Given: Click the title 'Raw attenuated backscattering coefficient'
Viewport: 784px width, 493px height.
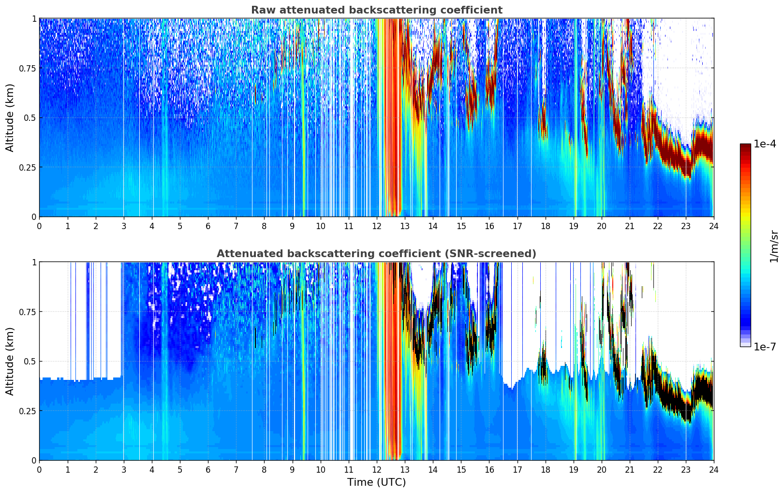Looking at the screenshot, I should [x=376, y=10].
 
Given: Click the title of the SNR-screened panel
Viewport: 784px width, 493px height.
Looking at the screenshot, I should [x=376, y=254].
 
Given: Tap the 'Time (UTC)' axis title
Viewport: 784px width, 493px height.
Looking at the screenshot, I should [x=376, y=482].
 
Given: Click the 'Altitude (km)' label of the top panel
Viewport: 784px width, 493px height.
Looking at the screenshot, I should [x=10, y=117].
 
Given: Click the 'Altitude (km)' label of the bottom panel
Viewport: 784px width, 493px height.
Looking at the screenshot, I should [x=10, y=361].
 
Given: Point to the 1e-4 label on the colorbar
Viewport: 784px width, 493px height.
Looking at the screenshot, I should [x=765, y=144].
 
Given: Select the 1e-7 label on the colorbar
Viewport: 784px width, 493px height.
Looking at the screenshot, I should [x=765, y=347].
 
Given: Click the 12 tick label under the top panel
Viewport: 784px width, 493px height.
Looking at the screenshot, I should [x=377, y=226].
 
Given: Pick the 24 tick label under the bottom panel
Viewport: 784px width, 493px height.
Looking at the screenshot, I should [x=713, y=470].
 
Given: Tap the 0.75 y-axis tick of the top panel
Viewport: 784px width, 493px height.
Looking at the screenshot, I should [x=28, y=68].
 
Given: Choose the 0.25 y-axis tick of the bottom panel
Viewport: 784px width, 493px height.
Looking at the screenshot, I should [x=28, y=411].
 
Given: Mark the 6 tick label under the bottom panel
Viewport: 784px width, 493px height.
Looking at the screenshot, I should [x=208, y=470].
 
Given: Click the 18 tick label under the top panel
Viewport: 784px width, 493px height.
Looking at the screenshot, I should [x=545, y=226].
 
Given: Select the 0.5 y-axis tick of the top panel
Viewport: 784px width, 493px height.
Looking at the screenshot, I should [x=30, y=118].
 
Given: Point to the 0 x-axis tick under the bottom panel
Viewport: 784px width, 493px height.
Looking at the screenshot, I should [x=39, y=470].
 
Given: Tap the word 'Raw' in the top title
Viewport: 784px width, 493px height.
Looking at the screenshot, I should [x=262, y=10].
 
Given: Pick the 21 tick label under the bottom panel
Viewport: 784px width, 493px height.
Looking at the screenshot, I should [x=629, y=470].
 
